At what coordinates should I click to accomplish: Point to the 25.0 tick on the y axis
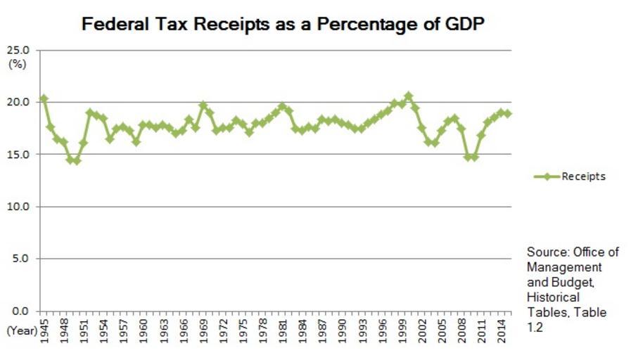pyautogui.click(x=19, y=51)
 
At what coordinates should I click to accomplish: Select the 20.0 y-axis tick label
pyautogui.click(x=19, y=103)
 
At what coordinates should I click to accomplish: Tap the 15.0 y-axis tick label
pyautogui.click(x=19, y=155)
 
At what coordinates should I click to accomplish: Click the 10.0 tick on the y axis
pyautogui.click(x=19, y=207)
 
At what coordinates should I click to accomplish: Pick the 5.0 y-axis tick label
pyautogui.click(x=21, y=259)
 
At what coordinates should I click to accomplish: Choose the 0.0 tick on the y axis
pyautogui.click(x=21, y=311)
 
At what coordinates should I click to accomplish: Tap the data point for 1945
pyautogui.click(x=44, y=98)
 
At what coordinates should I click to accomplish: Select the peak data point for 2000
pyautogui.click(x=409, y=96)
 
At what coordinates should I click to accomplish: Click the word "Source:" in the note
pyautogui.click(x=547, y=252)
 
